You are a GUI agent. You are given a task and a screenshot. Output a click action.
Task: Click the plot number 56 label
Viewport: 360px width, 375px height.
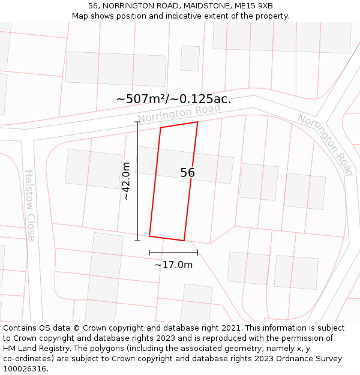[187, 173]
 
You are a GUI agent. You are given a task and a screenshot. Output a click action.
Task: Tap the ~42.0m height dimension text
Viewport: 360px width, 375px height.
[126, 181]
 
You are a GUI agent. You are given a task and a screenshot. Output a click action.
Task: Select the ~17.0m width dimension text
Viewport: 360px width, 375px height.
[173, 265]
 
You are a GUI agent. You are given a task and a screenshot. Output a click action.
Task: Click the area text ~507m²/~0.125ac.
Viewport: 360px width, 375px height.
[173, 99]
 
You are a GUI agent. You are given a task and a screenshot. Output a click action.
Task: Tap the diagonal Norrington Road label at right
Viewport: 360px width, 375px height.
[325, 145]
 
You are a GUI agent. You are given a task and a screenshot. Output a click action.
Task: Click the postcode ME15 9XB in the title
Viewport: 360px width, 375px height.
[253, 6]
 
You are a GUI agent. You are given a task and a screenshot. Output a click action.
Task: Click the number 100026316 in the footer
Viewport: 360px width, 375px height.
[25, 369]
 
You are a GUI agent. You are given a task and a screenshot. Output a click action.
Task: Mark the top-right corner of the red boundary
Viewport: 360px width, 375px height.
[197, 122]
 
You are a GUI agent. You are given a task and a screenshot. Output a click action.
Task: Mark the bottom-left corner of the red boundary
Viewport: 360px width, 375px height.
[149, 236]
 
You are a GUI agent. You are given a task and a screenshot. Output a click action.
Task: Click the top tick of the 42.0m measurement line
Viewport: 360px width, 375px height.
[137, 122]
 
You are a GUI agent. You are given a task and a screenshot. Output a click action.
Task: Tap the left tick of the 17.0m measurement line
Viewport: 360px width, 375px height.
[149, 253]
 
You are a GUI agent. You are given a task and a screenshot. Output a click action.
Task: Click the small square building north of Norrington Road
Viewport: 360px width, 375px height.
[190, 58]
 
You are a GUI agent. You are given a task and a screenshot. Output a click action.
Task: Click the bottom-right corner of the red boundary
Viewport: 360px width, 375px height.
[184, 241]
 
